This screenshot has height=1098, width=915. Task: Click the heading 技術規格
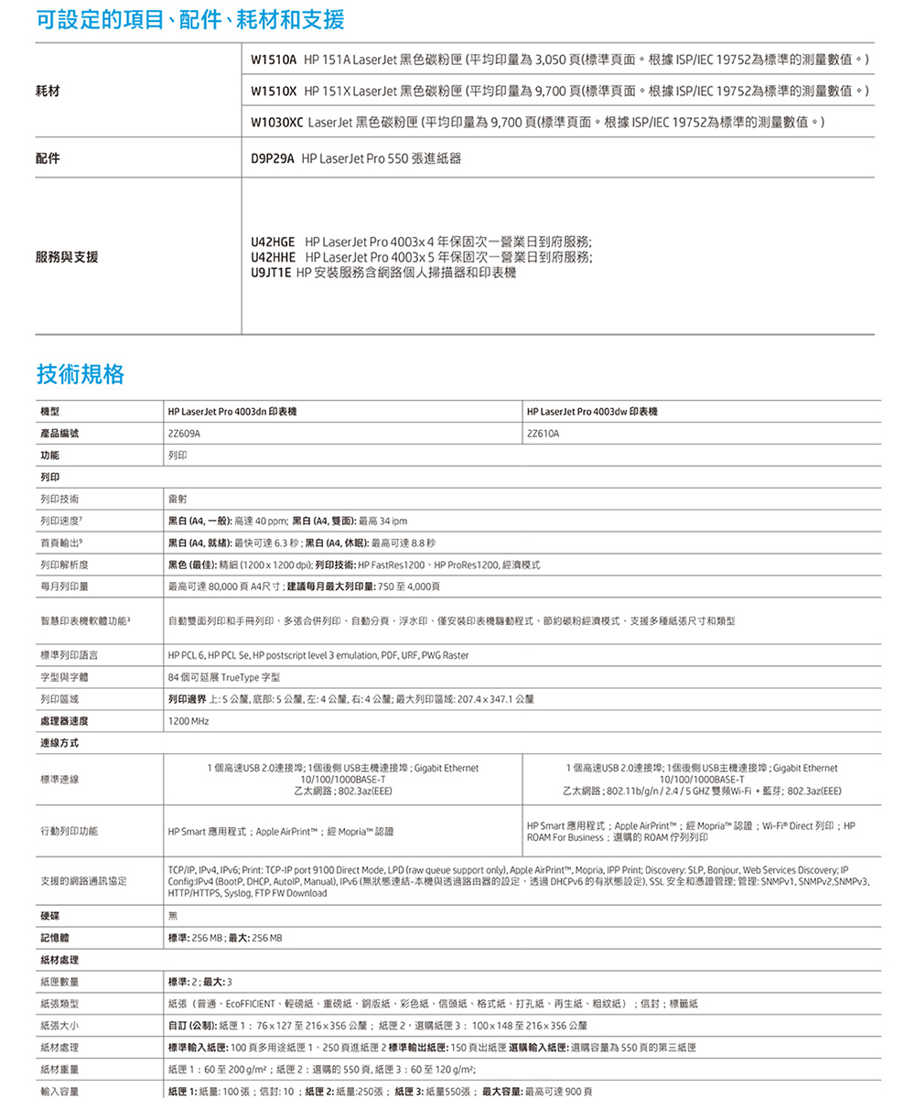[x=81, y=373]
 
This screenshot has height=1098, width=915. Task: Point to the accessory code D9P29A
[x=272, y=158]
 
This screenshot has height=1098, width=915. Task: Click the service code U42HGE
[x=272, y=242]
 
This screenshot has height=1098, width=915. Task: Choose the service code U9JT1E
[x=270, y=273]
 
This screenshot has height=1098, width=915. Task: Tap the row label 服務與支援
[x=67, y=257]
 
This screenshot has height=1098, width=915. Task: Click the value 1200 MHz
[x=188, y=722]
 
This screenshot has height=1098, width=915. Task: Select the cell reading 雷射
[x=177, y=499]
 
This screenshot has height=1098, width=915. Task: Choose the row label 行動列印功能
[x=69, y=831]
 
